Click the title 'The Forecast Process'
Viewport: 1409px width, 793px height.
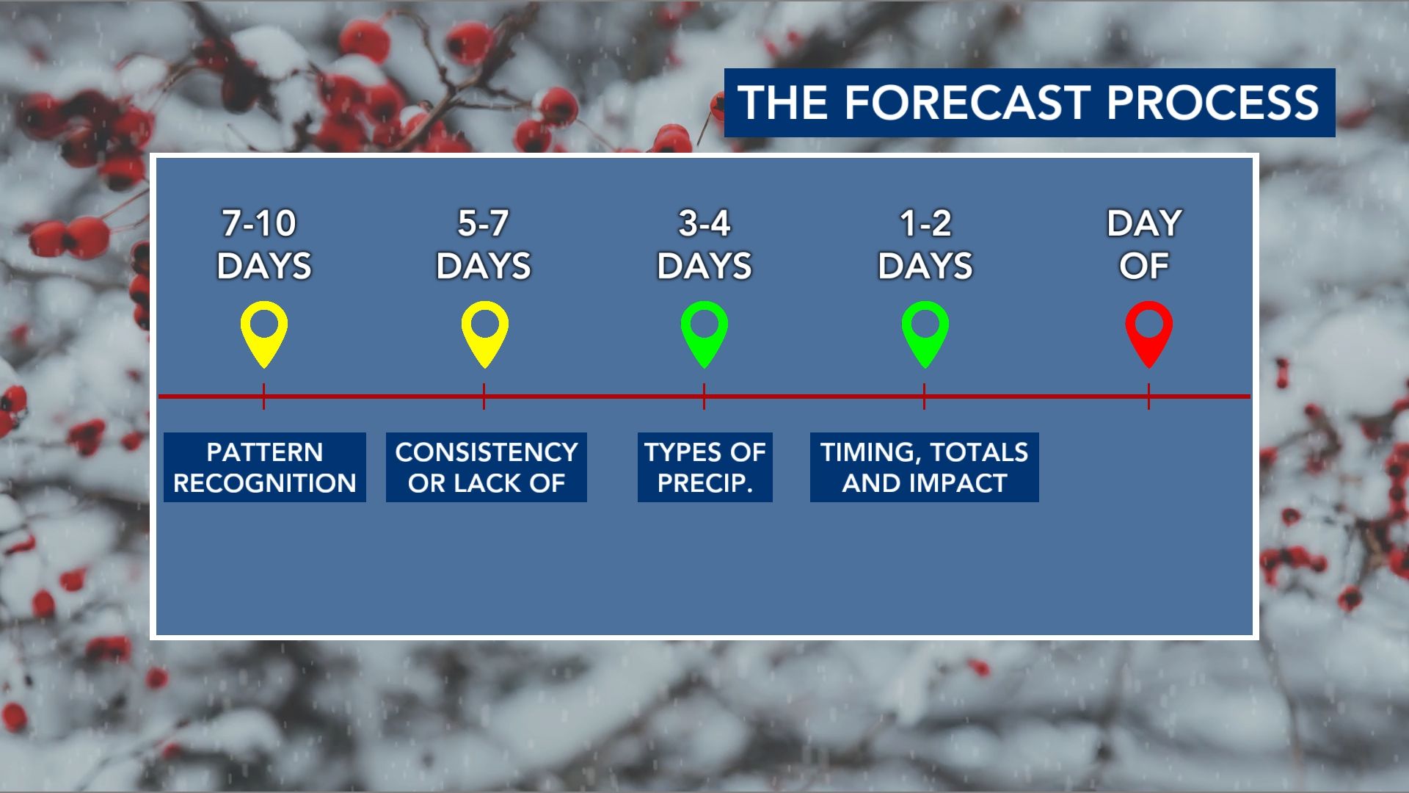point(1029,103)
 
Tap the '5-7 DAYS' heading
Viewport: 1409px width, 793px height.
point(484,245)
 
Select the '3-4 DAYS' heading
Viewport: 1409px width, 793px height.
point(704,245)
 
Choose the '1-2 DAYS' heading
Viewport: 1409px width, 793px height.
point(925,245)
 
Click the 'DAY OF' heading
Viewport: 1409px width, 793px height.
point(1144,245)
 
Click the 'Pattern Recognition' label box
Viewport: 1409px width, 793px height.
point(264,468)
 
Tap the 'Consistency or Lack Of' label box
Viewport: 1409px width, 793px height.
point(486,468)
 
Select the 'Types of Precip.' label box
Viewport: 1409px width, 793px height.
point(704,468)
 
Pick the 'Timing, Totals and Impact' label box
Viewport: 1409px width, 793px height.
point(924,468)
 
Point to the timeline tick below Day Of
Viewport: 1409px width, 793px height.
point(1148,396)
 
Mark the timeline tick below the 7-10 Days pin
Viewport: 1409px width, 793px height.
point(263,396)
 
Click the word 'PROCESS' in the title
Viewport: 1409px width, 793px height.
point(1212,103)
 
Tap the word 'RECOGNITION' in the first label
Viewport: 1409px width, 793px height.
point(264,483)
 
